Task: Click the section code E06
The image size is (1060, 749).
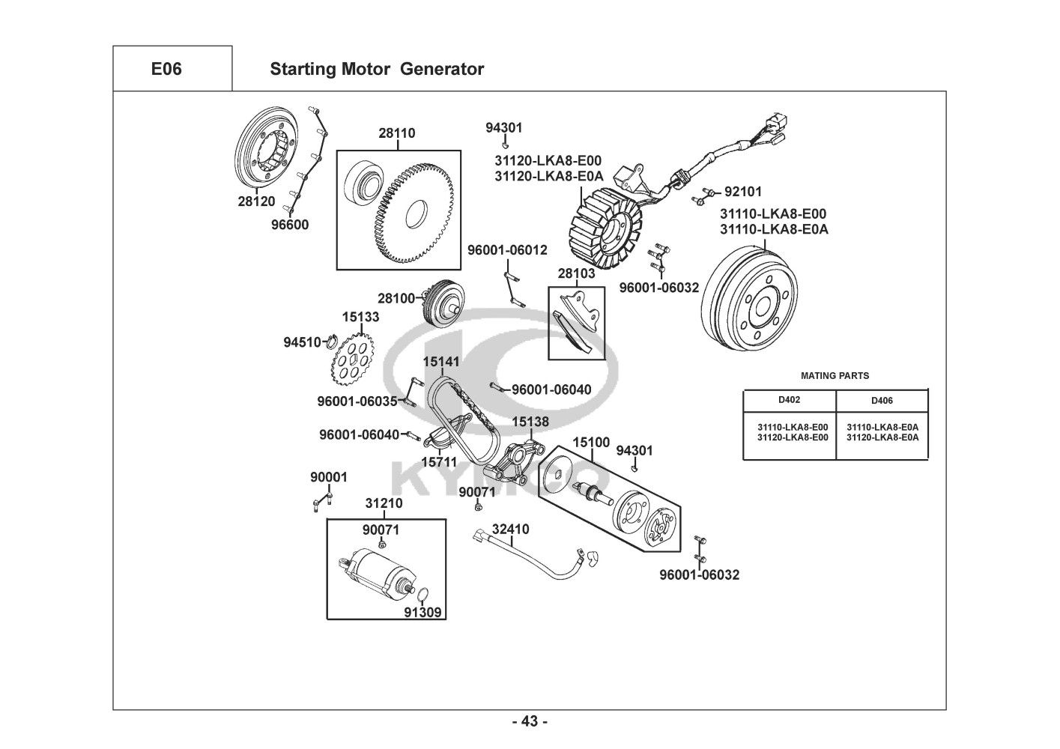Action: coord(166,69)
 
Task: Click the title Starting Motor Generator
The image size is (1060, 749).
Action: coord(376,69)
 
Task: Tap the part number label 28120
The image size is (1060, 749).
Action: coord(256,201)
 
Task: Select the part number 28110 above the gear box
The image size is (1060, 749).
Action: coord(397,133)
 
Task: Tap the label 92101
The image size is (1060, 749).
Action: coord(742,191)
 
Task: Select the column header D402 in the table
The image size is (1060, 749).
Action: coord(789,400)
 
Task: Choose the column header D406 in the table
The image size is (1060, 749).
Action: coord(882,401)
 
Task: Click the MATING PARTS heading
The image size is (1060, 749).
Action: coord(835,375)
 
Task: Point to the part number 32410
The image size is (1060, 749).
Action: coord(510,530)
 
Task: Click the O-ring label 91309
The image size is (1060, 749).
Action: coord(423,612)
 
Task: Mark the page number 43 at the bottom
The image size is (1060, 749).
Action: coord(530,721)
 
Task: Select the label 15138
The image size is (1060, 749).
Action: coord(530,422)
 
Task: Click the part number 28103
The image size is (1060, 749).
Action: coord(576,273)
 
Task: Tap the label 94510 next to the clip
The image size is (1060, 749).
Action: coord(303,342)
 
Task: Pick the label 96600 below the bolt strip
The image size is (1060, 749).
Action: coord(290,224)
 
